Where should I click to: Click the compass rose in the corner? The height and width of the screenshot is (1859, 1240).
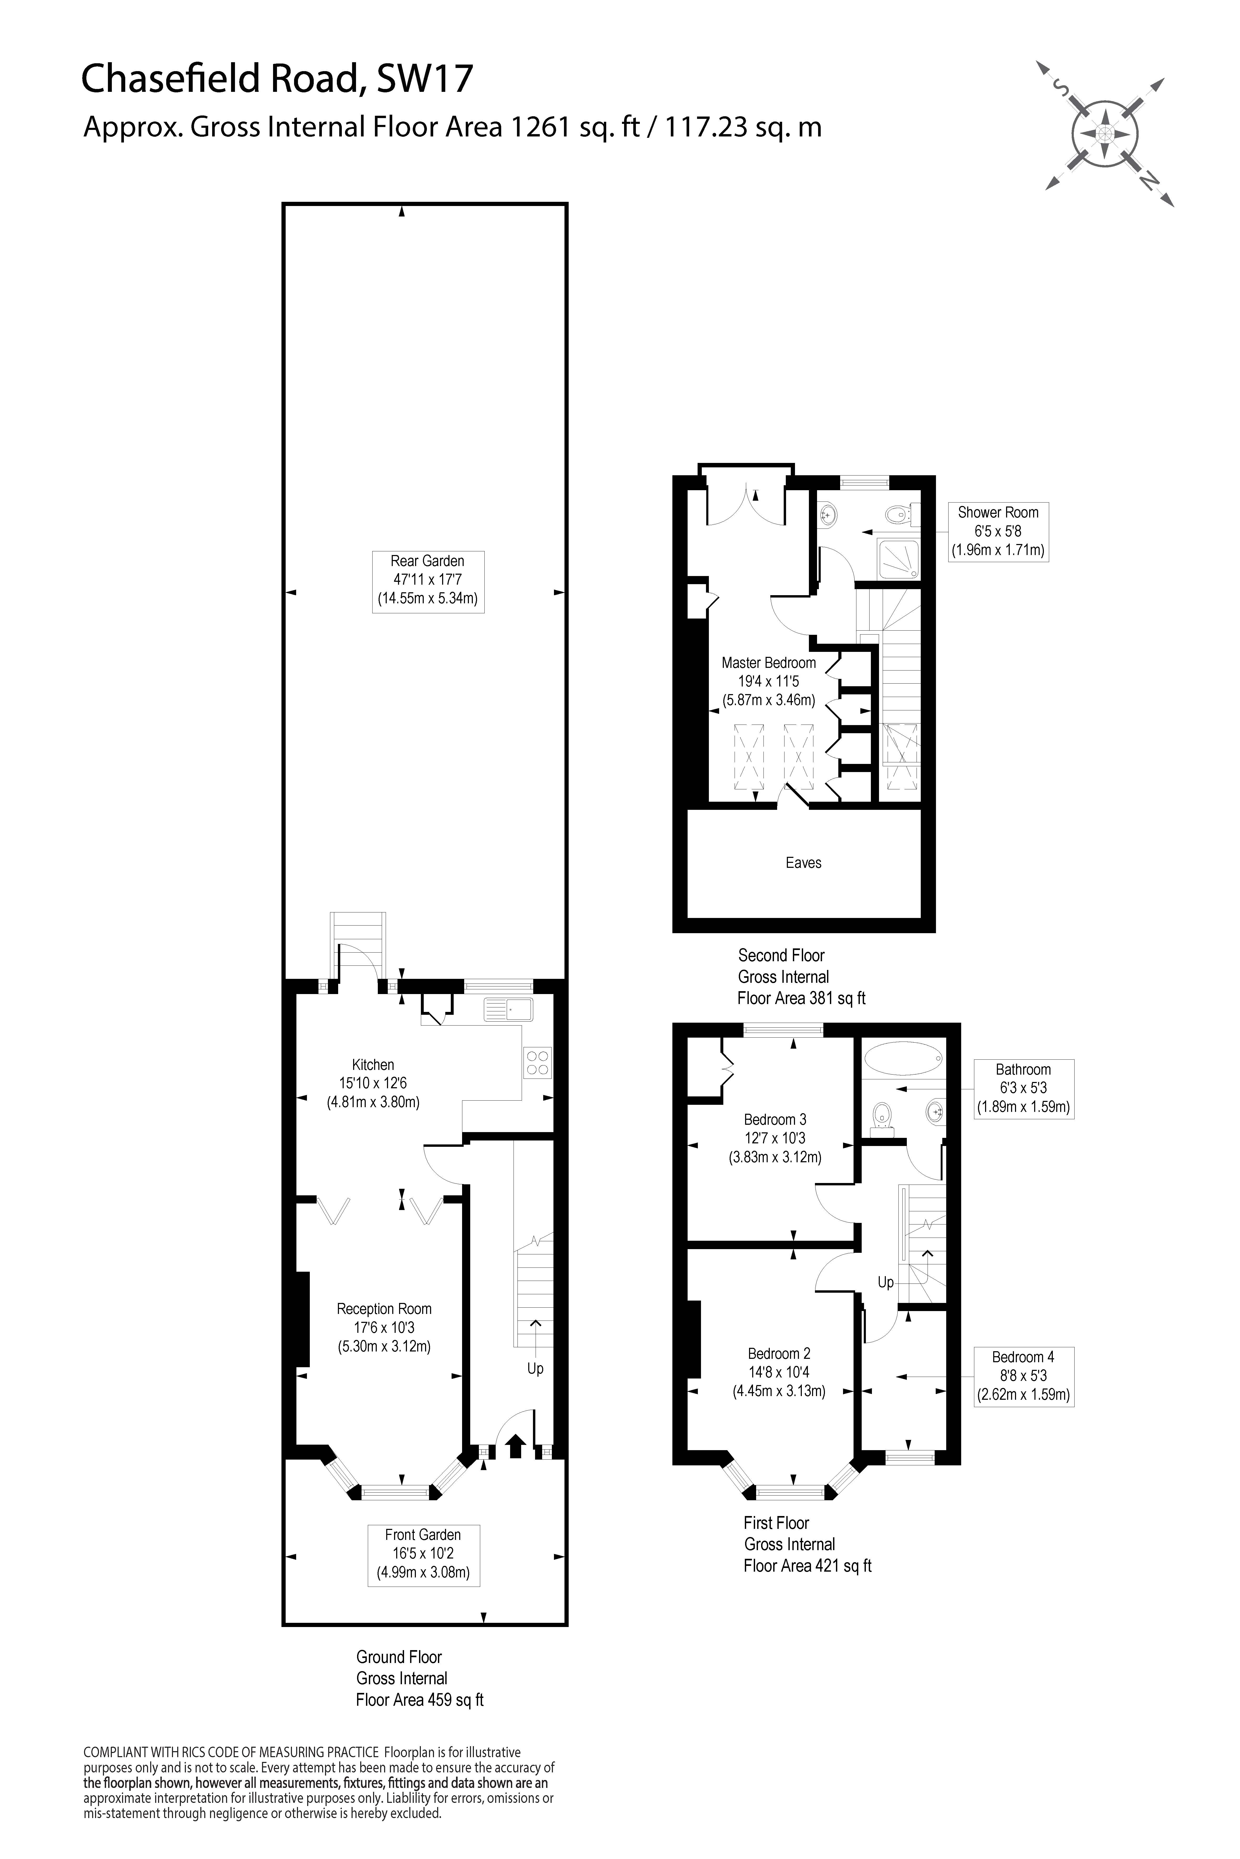coord(1105,134)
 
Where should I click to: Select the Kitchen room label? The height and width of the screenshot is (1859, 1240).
coord(373,1083)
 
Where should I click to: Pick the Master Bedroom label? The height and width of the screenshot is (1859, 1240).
coord(769,681)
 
